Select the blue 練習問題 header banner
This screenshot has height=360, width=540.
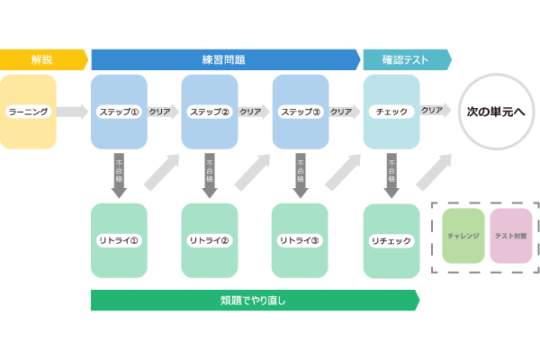click(224, 59)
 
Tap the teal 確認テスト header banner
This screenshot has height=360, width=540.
click(406, 59)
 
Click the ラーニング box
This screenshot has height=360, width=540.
click(29, 112)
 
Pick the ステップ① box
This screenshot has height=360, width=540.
click(119, 112)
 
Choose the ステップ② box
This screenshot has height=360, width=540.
click(210, 112)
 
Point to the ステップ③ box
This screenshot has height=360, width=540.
click(301, 112)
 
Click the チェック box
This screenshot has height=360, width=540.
click(391, 112)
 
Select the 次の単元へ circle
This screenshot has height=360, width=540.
click(496, 112)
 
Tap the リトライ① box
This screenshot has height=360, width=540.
click(119, 240)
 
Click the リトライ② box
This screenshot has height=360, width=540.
click(210, 240)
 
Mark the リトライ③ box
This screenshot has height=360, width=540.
click(300, 240)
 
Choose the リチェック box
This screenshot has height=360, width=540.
click(391, 241)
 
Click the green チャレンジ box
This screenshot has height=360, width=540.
click(463, 236)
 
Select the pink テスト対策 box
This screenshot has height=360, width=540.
click(511, 236)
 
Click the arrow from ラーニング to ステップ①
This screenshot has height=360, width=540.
click(72, 112)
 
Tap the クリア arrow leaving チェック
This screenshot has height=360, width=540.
click(436, 110)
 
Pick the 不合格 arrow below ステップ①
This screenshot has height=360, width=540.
click(119, 175)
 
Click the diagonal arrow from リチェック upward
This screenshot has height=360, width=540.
click(435, 172)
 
